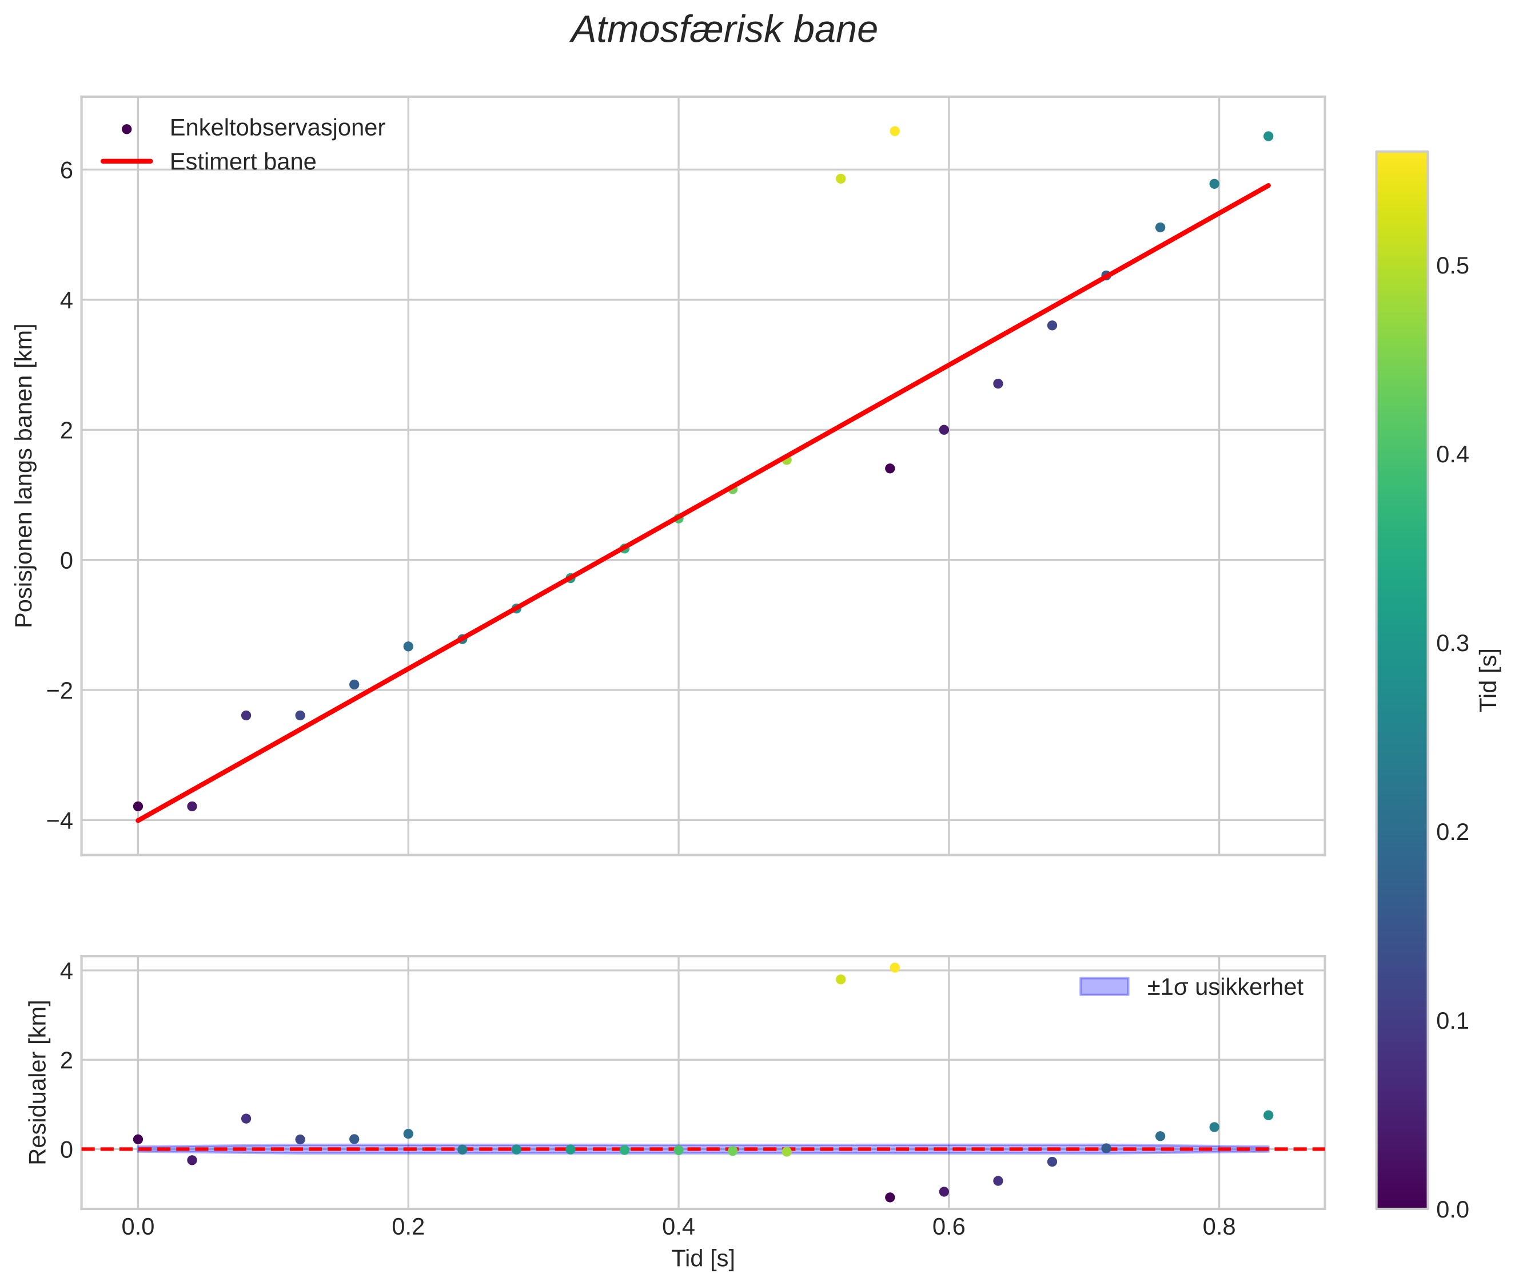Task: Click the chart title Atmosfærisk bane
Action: tap(724, 30)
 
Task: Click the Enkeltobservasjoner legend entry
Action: tap(277, 128)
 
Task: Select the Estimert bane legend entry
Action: tap(242, 162)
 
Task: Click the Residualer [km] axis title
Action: tap(38, 1082)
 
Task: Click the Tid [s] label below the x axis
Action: tap(703, 1258)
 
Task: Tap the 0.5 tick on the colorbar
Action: tap(1452, 266)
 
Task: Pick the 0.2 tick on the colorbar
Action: tap(1452, 832)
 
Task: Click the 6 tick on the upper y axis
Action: tap(66, 170)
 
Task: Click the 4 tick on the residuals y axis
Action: tap(66, 971)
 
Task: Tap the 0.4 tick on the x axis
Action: tap(678, 1227)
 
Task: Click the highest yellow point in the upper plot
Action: tap(895, 131)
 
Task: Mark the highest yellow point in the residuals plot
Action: tap(895, 967)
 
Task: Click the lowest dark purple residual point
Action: tap(890, 1197)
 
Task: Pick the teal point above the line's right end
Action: tap(1268, 136)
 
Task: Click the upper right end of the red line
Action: tap(1269, 186)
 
